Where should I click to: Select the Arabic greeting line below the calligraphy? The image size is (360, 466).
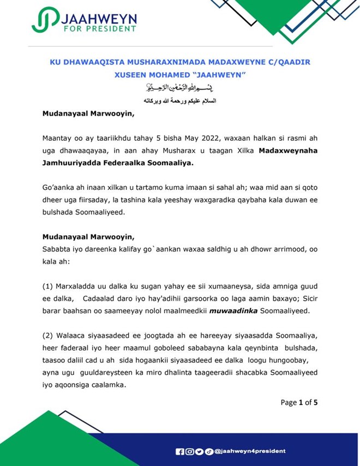[179, 100]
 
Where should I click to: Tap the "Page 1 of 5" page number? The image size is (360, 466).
[299, 402]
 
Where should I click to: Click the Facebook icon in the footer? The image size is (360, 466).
[179, 451]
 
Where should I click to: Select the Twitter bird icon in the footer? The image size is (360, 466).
[199, 451]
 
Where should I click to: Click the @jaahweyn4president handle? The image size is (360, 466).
[250, 451]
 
